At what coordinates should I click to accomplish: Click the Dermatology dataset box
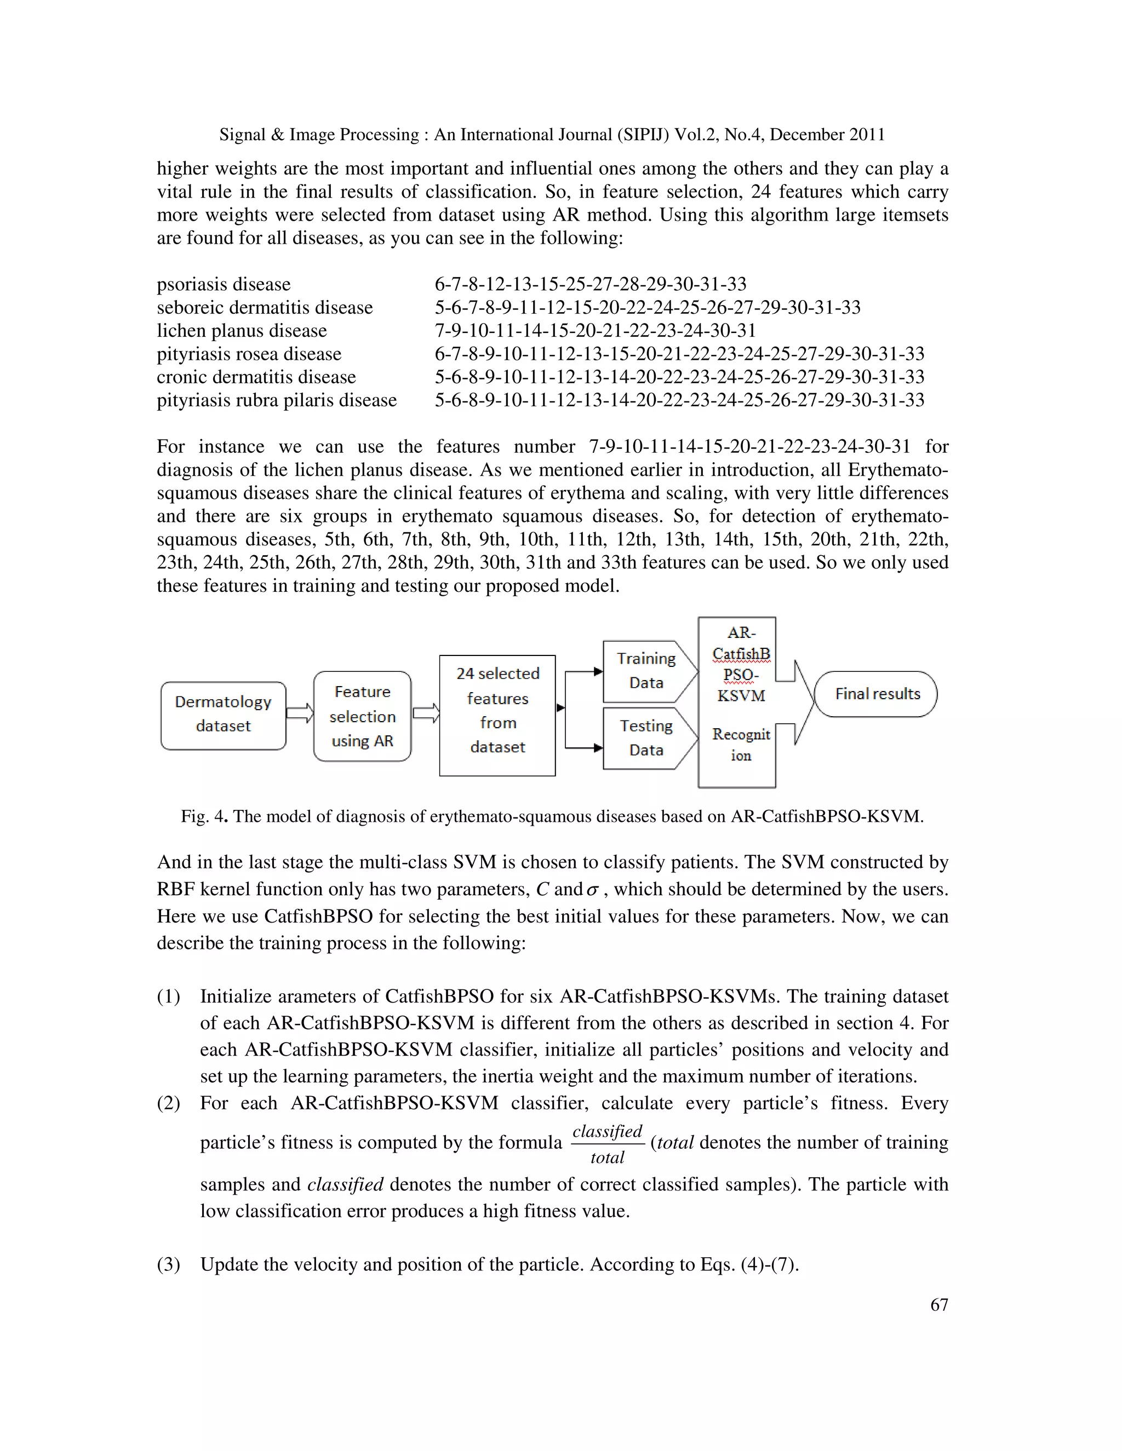pos(224,715)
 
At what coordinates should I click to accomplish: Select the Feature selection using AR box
pos(362,716)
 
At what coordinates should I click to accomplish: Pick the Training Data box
pos(645,671)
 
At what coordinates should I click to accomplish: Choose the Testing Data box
pos(645,738)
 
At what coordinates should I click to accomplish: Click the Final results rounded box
pos(876,694)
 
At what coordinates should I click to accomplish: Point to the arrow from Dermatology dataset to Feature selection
pos(300,713)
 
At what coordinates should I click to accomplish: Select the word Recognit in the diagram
pos(741,734)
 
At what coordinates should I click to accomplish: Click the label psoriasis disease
pos(224,284)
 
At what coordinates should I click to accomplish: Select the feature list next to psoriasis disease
pos(590,284)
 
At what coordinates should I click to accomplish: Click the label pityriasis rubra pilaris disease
pos(277,400)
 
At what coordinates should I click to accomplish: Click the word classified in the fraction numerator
pos(607,1131)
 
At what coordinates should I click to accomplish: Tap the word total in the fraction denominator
pos(607,1158)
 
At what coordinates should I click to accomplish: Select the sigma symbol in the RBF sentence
pos(592,890)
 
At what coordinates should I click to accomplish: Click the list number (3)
pos(168,1264)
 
